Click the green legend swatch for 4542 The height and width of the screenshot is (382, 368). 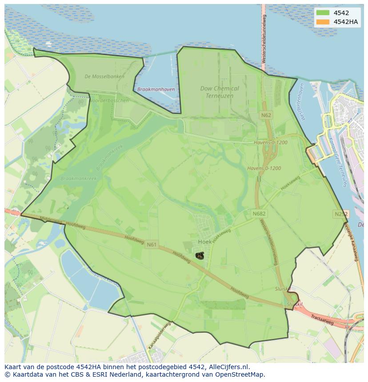[323, 13]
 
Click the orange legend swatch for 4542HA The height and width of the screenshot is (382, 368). [323, 22]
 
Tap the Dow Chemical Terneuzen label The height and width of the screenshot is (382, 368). [220, 92]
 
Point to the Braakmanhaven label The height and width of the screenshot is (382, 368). [156, 89]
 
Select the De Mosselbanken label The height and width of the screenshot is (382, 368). [104, 76]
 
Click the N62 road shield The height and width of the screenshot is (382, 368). [266, 115]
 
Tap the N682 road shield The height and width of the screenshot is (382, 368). [259, 214]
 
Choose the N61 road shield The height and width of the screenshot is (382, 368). [152, 244]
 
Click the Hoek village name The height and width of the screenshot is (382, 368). [204, 242]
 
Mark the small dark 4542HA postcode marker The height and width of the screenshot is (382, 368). [200, 256]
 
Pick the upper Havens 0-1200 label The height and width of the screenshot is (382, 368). [271, 142]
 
